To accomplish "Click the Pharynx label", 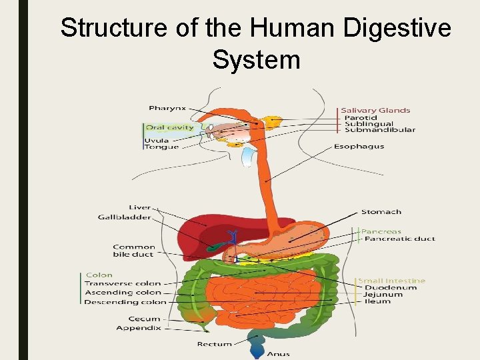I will [x=167, y=108].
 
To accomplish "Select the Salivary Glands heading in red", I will [x=375, y=110].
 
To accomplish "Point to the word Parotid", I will [x=360, y=117].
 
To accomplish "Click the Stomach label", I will [x=381, y=212].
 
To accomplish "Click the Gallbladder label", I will [x=124, y=217].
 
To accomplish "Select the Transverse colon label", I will [x=123, y=283].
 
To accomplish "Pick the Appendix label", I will [x=138, y=328].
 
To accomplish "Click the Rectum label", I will [x=214, y=344].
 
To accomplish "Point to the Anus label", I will [x=278, y=354].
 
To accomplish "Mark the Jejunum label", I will [x=383, y=294].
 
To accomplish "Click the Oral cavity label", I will [x=169, y=127].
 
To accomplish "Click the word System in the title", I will [x=256, y=60].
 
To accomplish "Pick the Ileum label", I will [x=377, y=301].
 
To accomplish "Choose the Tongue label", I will [x=162, y=147].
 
